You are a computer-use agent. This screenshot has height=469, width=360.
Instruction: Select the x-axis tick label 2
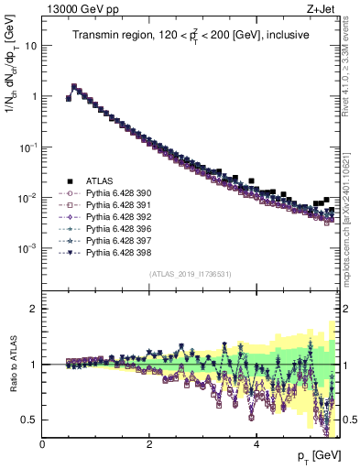coord(149,443)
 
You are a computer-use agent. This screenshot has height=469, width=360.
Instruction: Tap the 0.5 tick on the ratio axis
coord(28,420)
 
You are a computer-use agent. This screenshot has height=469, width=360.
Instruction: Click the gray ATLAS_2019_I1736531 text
coord(190,273)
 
